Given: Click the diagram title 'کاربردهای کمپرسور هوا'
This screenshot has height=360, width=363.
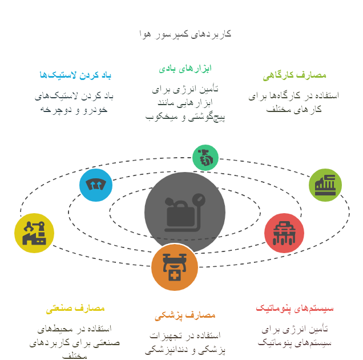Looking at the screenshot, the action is coord(185,34).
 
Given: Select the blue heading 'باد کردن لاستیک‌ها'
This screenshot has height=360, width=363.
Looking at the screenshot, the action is coord(75,75).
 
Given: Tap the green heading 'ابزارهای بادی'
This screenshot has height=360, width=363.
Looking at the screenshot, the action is coord(185,69).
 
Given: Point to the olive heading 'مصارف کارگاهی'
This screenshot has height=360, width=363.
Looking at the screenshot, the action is coord(295,75).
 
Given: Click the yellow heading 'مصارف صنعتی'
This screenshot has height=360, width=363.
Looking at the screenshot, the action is coord(75,309).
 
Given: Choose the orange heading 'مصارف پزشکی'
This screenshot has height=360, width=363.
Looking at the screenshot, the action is coord(185,315).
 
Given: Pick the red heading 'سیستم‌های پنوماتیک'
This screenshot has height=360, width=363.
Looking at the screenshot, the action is coord(295,309).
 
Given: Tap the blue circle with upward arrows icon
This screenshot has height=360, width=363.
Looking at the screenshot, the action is coord(96,185).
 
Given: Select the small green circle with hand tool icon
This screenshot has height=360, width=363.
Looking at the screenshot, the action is coord(205,158).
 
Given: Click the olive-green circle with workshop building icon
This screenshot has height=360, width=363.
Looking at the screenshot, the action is coord(325,185).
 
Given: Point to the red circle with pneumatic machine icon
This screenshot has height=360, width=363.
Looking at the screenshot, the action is coord(284,233).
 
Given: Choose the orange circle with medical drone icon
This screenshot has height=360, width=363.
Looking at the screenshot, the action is coord(175,267).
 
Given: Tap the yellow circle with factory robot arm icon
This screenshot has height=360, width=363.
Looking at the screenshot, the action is coord(34,233).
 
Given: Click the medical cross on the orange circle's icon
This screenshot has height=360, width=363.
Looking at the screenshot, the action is coord(175,275).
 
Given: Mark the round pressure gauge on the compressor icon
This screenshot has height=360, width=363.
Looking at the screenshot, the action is coord(199,199).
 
